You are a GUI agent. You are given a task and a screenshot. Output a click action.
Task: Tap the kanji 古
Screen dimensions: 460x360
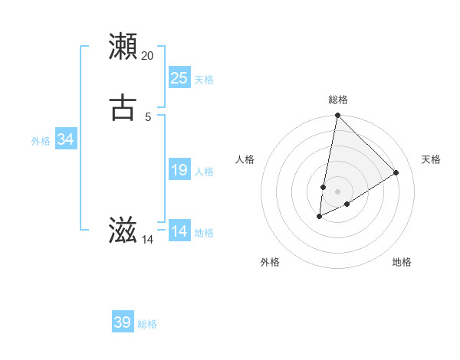click(123, 108)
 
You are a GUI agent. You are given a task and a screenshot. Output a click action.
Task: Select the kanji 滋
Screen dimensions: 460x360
click(123, 231)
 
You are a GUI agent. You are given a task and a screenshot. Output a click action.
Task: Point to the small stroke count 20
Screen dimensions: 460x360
click(148, 56)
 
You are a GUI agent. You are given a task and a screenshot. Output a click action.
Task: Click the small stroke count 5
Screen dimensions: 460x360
click(148, 117)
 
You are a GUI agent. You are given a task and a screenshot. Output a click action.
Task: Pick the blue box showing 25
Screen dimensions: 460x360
click(179, 78)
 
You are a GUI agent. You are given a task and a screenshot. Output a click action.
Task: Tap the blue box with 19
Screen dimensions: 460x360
click(179, 170)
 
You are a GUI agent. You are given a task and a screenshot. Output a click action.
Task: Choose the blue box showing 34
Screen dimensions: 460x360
click(66, 139)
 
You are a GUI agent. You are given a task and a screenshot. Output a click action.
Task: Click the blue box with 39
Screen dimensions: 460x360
click(123, 322)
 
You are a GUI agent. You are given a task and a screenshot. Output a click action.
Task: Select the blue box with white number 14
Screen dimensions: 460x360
click(179, 231)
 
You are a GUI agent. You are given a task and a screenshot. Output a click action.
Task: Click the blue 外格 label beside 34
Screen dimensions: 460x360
click(41, 141)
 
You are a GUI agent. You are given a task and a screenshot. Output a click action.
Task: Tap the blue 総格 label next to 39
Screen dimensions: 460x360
click(147, 325)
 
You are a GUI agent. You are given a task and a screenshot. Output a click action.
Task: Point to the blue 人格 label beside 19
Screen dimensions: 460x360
click(204, 172)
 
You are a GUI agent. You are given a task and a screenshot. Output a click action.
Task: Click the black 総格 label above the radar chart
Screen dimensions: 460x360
click(337, 100)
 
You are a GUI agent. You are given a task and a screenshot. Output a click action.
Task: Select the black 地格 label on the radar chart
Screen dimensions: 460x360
click(402, 262)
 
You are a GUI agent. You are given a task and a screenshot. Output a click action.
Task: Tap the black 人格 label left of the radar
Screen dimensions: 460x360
click(245, 159)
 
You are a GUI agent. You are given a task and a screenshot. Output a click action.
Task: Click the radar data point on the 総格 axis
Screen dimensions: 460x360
click(337, 116)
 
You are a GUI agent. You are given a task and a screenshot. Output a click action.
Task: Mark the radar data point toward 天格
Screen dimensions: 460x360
click(396, 172)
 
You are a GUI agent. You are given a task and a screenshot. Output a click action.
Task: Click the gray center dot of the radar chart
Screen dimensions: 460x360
click(337, 191)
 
